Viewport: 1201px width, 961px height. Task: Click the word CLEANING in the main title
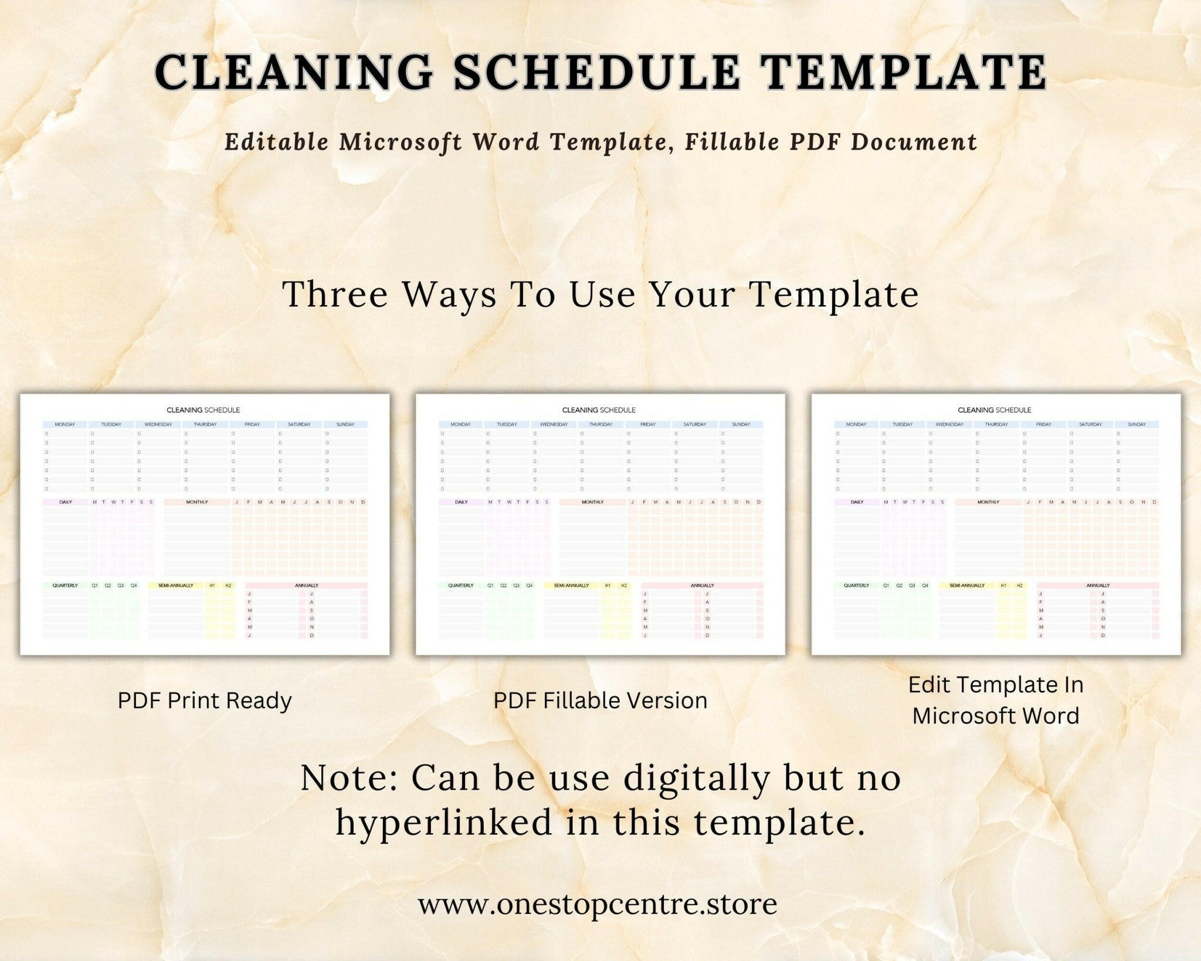293,73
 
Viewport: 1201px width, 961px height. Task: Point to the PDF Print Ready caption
205,701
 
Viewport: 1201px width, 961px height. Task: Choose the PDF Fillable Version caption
600,701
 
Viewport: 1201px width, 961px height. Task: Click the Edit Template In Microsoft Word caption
996,700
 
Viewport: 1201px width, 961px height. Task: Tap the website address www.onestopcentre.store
598,904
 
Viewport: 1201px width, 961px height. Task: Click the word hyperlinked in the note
444,822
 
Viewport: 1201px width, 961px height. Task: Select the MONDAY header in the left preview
65,424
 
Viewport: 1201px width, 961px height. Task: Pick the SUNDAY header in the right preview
1136,424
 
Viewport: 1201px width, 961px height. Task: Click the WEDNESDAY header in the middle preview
554,424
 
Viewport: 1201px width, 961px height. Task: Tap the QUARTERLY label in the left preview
65,586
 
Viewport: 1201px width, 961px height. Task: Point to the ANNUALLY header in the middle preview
702,586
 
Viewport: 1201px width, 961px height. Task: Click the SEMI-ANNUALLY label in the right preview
967,586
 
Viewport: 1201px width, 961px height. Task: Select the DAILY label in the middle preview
462,502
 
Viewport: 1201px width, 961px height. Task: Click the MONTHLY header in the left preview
197,502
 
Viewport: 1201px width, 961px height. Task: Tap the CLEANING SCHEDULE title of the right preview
994,410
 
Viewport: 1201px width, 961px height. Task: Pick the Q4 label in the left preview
134,586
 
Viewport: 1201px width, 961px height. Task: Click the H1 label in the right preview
1003,586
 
